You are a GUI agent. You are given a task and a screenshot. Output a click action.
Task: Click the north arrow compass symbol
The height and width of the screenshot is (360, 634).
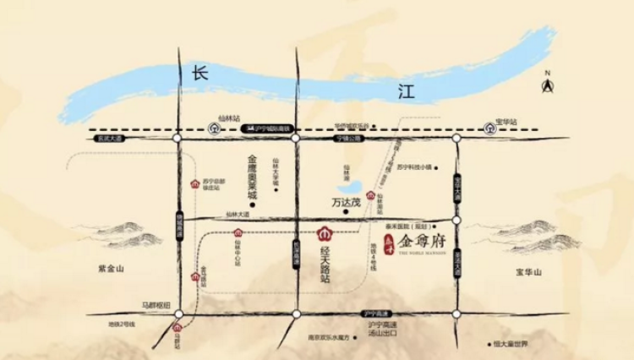click(x=547, y=85)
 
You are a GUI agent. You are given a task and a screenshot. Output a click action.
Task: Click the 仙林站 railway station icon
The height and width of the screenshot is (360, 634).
click(x=215, y=128)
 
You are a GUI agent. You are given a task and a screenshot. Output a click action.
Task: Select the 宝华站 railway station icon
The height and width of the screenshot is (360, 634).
click(x=489, y=128)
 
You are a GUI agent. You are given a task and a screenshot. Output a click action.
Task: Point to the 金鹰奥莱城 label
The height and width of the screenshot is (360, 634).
click(x=251, y=176)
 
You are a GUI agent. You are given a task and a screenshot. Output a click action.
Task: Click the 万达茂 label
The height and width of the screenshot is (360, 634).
click(x=342, y=203)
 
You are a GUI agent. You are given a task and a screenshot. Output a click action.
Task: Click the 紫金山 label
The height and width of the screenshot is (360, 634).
click(x=110, y=268)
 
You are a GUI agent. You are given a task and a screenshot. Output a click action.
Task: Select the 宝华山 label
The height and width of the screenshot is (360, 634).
click(x=532, y=272)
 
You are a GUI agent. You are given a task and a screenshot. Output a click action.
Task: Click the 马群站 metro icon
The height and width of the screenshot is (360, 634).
click(x=178, y=328)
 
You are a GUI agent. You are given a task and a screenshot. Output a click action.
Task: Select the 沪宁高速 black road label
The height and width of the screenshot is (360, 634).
click(x=373, y=313)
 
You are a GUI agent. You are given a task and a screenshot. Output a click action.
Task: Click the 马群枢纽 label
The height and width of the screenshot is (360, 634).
click(x=156, y=304)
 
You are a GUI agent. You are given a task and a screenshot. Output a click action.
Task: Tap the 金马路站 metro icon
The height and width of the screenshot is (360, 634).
click(x=196, y=277)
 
